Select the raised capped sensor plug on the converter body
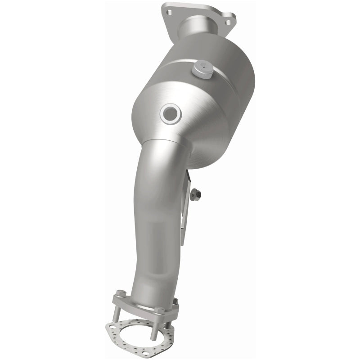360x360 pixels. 202,70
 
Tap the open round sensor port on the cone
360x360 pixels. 171,114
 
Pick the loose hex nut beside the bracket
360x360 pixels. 195,194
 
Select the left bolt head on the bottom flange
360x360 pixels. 121,293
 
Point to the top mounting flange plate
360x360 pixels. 198,13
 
